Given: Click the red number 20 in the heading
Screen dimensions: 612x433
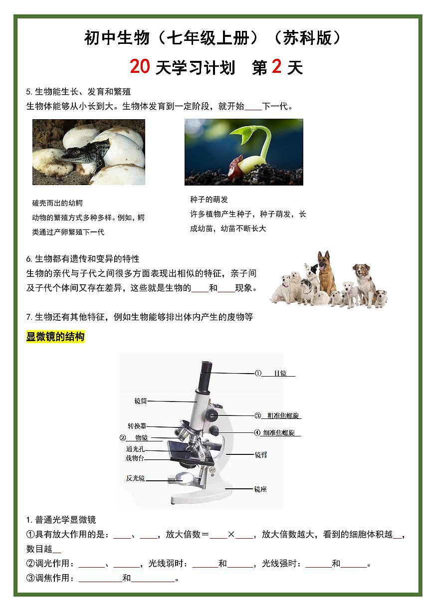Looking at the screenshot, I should tap(140, 66).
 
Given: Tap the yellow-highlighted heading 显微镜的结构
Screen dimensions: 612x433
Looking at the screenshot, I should tap(55, 337).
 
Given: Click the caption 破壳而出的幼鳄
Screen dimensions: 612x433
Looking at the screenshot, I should tap(57, 203).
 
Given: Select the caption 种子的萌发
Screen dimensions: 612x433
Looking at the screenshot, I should tap(209, 200).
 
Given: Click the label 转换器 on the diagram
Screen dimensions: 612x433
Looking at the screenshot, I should tap(137, 426).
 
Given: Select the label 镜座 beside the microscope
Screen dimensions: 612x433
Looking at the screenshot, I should tap(260, 489).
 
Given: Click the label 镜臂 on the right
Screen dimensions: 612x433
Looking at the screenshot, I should tap(260, 455).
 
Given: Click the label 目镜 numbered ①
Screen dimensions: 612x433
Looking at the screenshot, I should tap(280, 374).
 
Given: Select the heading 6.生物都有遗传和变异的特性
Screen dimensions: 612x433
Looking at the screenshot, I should tap(83, 259).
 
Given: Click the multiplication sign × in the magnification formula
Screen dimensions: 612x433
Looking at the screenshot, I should tap(231, 535).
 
